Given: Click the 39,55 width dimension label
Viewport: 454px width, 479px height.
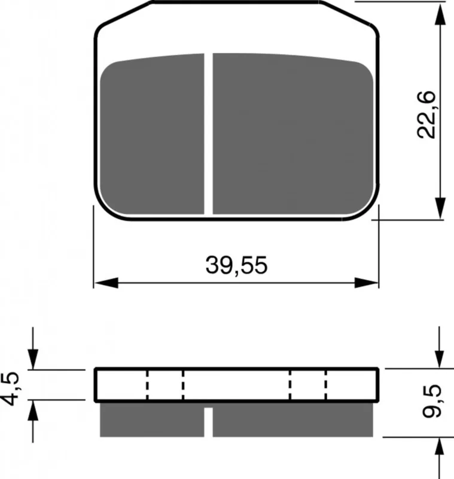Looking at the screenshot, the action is click(236, 265).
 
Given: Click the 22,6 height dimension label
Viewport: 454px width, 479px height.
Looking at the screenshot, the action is click(426, 114).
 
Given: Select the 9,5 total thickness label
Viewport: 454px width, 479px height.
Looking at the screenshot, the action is click(432, 401).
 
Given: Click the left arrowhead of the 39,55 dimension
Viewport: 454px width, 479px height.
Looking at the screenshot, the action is click(106, 283).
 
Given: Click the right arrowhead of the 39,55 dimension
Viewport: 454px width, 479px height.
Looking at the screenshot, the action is click(366, 283).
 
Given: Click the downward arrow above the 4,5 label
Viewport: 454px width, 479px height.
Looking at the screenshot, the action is click(33, 348).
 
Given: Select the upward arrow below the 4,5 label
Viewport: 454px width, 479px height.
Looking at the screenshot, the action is click(33, 421).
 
